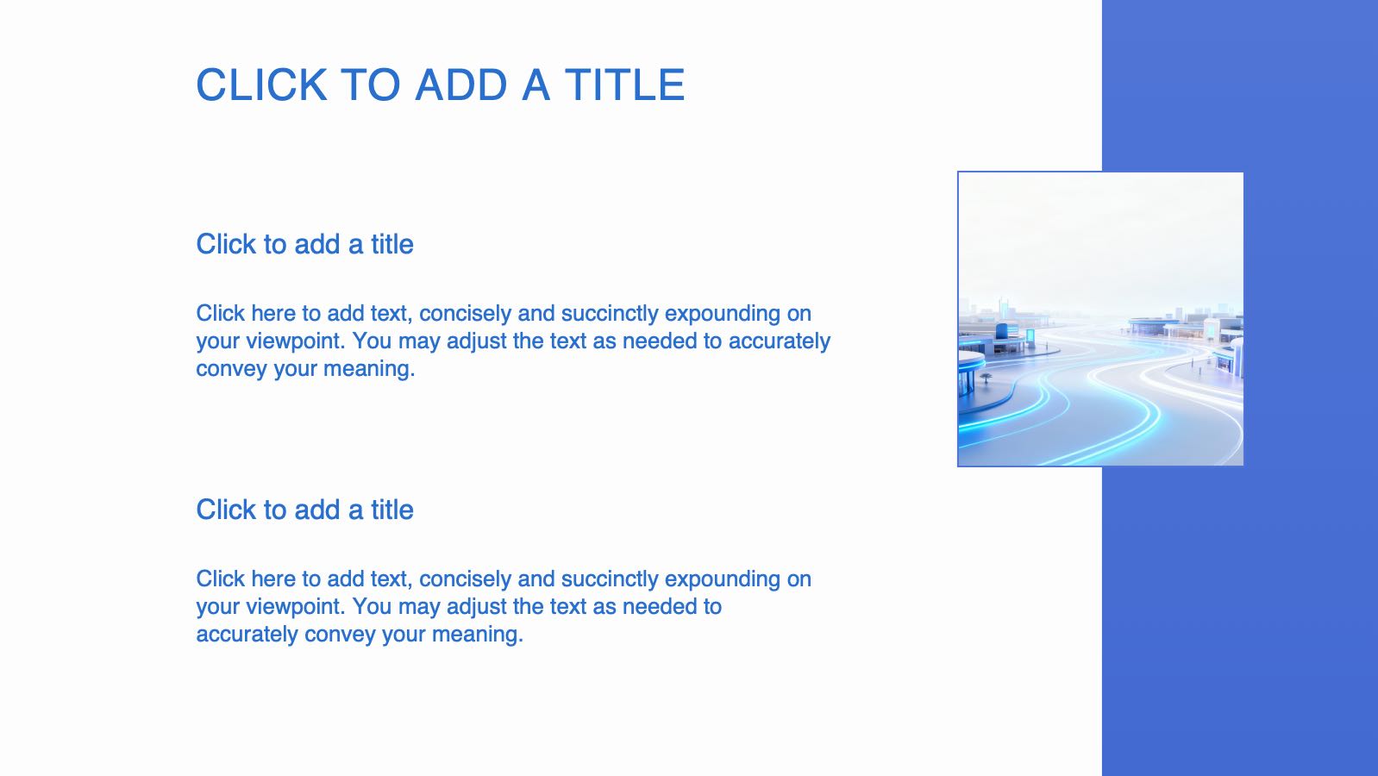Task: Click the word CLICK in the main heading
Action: pos(261,84)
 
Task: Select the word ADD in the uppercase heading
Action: pos(461,84)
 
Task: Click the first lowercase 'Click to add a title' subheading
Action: pos(304,244)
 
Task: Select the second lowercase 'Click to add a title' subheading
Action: pos(304,510)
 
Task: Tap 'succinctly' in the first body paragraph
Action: pos(609,314)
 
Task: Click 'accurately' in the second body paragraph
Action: pos(247,635)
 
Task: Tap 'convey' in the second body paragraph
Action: pos(341,635)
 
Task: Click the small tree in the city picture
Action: pos(986,378)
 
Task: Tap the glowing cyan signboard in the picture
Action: pos(1030,336)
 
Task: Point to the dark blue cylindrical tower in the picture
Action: pos(1002,331)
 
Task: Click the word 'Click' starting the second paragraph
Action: pos(221,579)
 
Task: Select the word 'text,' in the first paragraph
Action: pos(391,314)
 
